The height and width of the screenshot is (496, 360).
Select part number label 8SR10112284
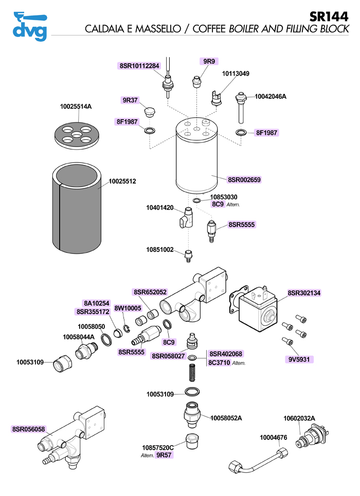click(x=140, y=66)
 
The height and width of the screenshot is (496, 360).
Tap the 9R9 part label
click(x=209, y=61)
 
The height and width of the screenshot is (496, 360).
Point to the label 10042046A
click(x=271, y=96)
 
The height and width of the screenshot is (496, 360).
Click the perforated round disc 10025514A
click(x=77, y=134)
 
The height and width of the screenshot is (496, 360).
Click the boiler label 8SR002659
click(x=244, y=179)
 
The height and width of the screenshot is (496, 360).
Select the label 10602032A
click(x=299, y=418)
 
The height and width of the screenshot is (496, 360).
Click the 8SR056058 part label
click(x=28, y=429)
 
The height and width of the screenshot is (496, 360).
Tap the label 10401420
click(x=160, y=208)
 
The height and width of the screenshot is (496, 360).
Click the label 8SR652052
click(x=150, y=292)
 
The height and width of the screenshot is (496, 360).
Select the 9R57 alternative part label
click(x=164, y=455)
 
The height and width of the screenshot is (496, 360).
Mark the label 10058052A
click(x=226, y=418)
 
